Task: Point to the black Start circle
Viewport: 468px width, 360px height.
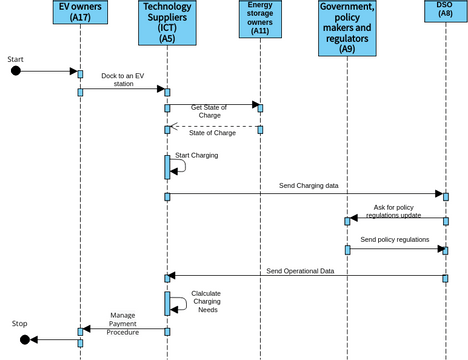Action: (x=15, y=71)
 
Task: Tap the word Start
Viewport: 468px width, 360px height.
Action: (x=15, y=59)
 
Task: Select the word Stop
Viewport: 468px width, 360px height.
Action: (x=20, y=324)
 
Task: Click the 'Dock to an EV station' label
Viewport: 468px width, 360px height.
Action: (x=124, y=80)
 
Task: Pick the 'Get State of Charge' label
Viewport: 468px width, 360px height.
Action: (x=208, y=111)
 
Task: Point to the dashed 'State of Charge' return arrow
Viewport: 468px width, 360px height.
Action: (x=214, y=127)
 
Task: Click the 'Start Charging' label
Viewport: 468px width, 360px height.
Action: (x=196, y=155)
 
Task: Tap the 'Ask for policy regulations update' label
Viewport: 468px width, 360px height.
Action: (x=397, y=211)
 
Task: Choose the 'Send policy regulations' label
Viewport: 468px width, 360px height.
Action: (x=394, y=240)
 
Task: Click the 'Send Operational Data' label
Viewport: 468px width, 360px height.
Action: (x=307, y=270)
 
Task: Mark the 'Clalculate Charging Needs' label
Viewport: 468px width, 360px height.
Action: (x=206, y=302)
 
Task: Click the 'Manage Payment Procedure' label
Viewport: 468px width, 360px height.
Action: (x=123, y=322)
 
